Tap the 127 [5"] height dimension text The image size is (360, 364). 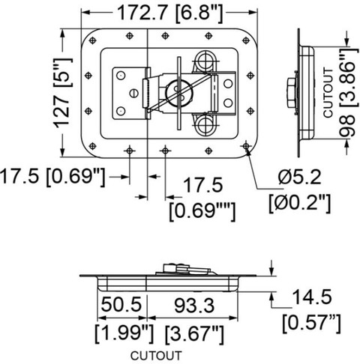[x=63, y=93]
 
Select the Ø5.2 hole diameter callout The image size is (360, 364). [x=300, y=178]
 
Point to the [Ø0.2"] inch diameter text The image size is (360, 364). [x=300, y=203]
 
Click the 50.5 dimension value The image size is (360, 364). [x=121, y=305]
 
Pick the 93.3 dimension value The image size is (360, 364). [x=194, y=306]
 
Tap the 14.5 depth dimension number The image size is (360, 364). [x=311, y=297]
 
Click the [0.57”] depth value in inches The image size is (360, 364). [x=312, y=323]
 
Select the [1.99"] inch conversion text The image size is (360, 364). [x=124, y=333]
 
